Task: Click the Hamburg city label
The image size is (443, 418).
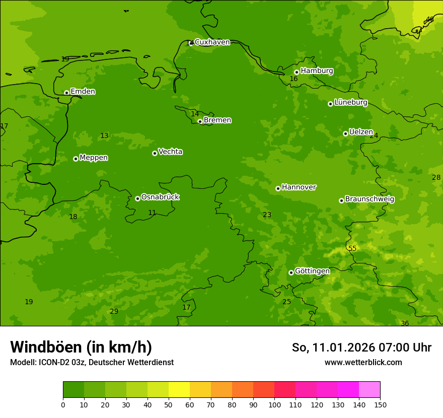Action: click(x=317, y=71)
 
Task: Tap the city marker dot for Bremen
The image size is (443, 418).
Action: click(x=200, y=121)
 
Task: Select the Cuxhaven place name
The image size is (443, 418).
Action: click(x=212, y=42)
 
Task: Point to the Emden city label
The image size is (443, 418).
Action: click(x=83, y=92)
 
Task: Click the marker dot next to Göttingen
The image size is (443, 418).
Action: click(x=291, y=272)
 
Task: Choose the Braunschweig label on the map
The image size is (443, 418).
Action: click(x=370, y=199)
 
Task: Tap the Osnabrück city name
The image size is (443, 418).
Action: click(x=160, y=197)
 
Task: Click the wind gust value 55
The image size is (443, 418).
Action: click(x=352, y=248)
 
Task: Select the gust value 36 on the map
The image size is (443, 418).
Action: click(x=405, y=323)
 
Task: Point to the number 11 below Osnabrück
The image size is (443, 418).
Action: click(x=152, y=213)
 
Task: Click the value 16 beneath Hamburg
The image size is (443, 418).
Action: click(x=293, y=79)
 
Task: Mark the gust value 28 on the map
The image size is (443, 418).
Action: click(x=436, y=177)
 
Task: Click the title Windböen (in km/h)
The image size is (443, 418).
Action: click(x=81, y=347)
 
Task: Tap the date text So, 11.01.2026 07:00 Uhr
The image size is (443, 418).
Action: click(x=361, y=347)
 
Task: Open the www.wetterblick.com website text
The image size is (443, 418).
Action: click(x=363, y=363)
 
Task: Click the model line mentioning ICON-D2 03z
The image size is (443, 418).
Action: click(x=92, y=363)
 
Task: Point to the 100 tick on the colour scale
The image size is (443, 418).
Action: click(x=274, y=404)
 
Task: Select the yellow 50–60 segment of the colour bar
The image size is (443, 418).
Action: click(x=179, y=390)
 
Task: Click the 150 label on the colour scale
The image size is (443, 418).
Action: click(x=380, y=404)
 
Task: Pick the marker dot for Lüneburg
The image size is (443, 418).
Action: click(x=330, y=104)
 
